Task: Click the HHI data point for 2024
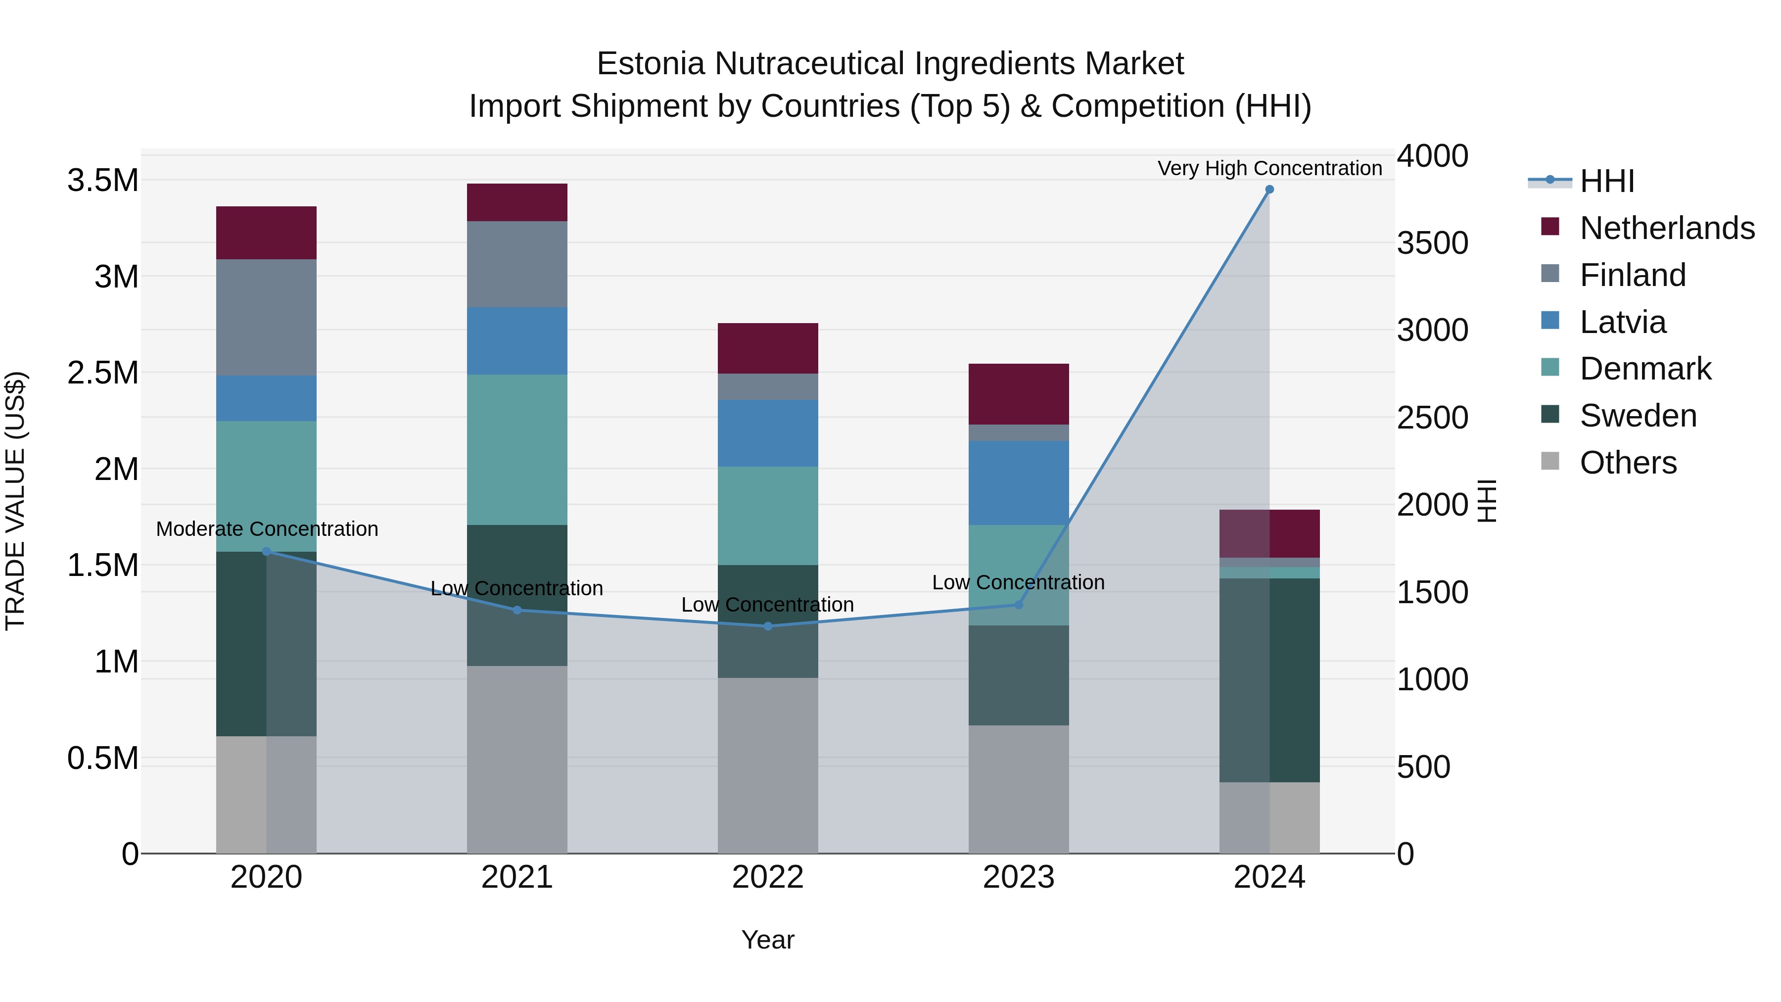click(1269, 190)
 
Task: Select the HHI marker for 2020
click(267, 551)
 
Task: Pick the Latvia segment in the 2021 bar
click(517, 341)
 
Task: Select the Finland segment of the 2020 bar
click(267, 317)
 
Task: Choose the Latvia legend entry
click(1623, 322)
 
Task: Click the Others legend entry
click(1628, 463)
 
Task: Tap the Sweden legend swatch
click(1550, 415)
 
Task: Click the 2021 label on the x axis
click(517, 877)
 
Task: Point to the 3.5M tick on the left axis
click(103, 181)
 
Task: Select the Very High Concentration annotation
click(1269, 168)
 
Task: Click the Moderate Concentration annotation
click(267, 529)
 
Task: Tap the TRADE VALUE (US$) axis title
click(15, 501)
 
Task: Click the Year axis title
click(767, 940)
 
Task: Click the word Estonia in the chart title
click(651, 64)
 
